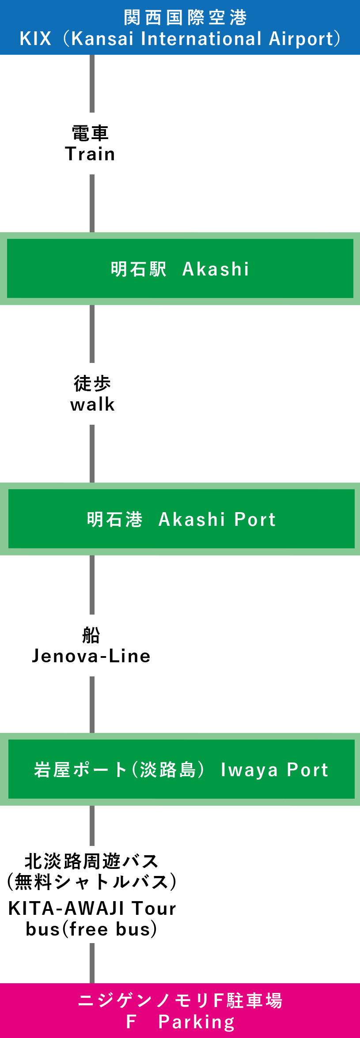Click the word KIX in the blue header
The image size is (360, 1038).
point(35,39)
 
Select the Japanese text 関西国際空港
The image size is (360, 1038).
point(185,18)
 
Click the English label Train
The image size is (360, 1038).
point(90,154)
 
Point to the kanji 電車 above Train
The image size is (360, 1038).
point(90,133)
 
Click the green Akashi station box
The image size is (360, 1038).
point(180,268)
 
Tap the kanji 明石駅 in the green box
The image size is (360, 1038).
point(138,269)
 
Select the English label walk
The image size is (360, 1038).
point(92,404)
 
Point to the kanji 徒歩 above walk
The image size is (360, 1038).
point(92,383)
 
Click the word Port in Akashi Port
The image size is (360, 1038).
point(255,520)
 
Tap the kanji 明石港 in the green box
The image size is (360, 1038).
point(114,520)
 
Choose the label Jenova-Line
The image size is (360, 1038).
point(91,656)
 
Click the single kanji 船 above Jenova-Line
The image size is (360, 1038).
point(91,635)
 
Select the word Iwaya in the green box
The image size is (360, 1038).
point(249,770)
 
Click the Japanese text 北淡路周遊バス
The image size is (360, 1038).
point(91,861)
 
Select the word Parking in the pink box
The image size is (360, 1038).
point(197,1022)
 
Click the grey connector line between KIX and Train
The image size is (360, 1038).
point(92,84)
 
